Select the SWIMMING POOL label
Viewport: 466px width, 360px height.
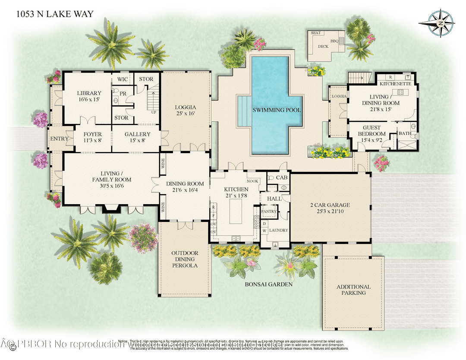pos(277,110)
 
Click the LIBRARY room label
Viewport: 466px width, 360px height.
pos(89,93)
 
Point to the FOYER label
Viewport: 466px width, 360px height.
pos(92,134)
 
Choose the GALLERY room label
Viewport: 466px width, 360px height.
pos(137,134)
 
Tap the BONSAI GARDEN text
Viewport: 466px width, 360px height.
pos(268,284)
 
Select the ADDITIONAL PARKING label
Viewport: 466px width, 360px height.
pos(353,290)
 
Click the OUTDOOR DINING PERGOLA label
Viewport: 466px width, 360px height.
pos(185,259)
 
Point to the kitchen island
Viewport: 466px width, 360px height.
pos(236,209)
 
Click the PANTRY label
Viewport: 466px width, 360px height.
pos(269,211)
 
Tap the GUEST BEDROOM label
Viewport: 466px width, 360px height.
pos(372,131)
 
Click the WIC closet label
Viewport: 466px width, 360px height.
pos(123,79)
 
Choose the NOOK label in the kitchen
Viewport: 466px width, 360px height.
pos(253,181)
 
